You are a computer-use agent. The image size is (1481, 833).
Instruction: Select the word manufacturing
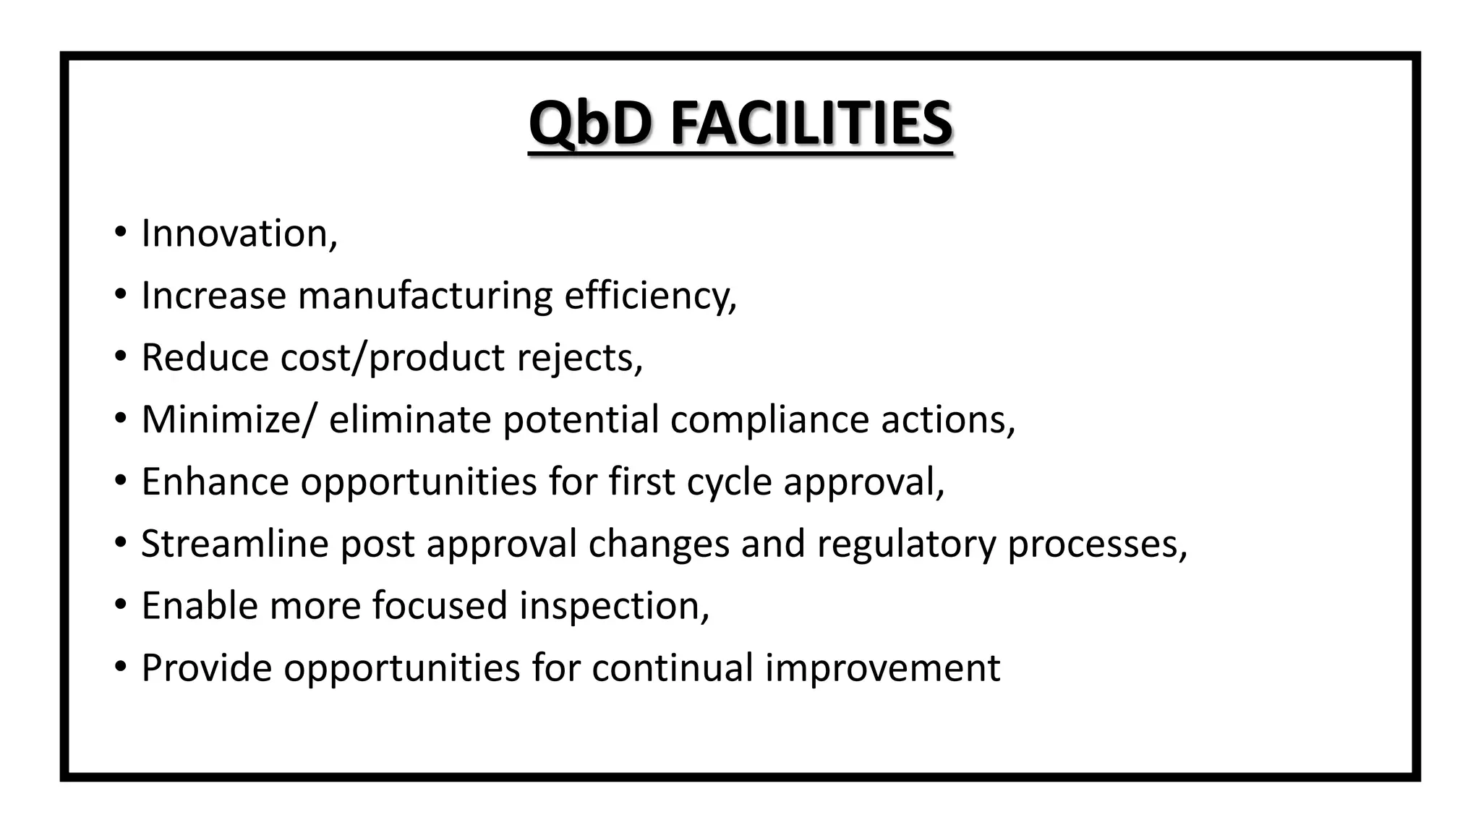[424, 296]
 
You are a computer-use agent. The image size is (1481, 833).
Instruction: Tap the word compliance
[769, 419]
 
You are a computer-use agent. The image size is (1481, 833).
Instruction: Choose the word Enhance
[215, 482]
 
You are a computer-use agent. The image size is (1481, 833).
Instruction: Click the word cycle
[729, 483]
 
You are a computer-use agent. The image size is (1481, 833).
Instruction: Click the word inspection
[611, 606]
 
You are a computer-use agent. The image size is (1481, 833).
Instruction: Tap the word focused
[440, 605]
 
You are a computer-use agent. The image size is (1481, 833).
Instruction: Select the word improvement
[882, 669]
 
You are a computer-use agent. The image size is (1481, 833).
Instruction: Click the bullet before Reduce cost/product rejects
[120, 356]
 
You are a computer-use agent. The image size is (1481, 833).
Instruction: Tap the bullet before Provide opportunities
[120, 666]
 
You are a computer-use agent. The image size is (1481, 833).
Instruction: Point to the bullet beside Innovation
[120, 233]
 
